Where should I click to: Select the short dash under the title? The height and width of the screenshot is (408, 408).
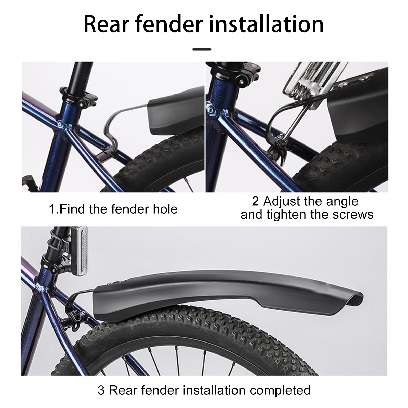click(202, 49)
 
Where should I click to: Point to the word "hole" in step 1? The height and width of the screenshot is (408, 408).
click(165, 209)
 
